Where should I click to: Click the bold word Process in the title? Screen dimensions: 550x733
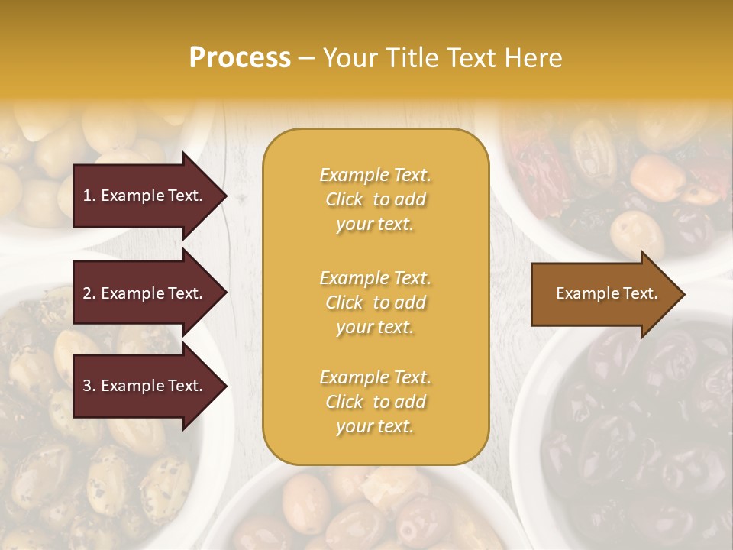tap(240, 58)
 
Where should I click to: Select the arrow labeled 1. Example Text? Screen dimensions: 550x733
tap(145, 196)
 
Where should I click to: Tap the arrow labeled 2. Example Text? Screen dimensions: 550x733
tap(145, 293)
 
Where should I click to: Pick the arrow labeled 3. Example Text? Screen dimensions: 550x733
tap(145, 386)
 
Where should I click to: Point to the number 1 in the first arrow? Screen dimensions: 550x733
tap(87, 196)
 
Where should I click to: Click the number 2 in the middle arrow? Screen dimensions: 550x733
tap(87, 293)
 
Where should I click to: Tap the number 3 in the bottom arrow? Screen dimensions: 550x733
tap(87, 386)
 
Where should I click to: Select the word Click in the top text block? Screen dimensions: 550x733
tap(344, 200)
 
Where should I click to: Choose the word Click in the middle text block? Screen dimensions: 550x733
tap(344, 302)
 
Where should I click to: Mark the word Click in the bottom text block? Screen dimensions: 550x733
tap(344, 402)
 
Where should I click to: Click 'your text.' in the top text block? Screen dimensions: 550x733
tap(375, 225)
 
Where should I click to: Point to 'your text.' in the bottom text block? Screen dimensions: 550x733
tap(375, 427)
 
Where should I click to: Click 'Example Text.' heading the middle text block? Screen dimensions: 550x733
tap(375, 278)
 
